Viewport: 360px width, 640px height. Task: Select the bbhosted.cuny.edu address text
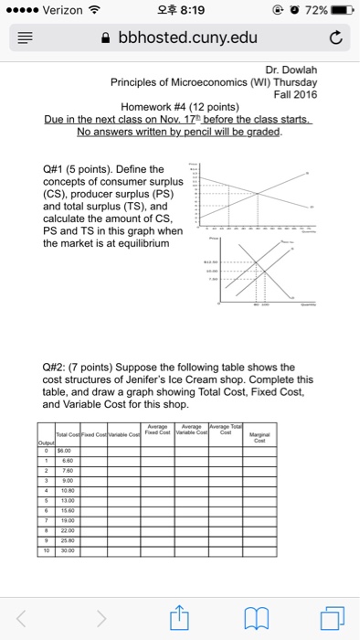[188, 37]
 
